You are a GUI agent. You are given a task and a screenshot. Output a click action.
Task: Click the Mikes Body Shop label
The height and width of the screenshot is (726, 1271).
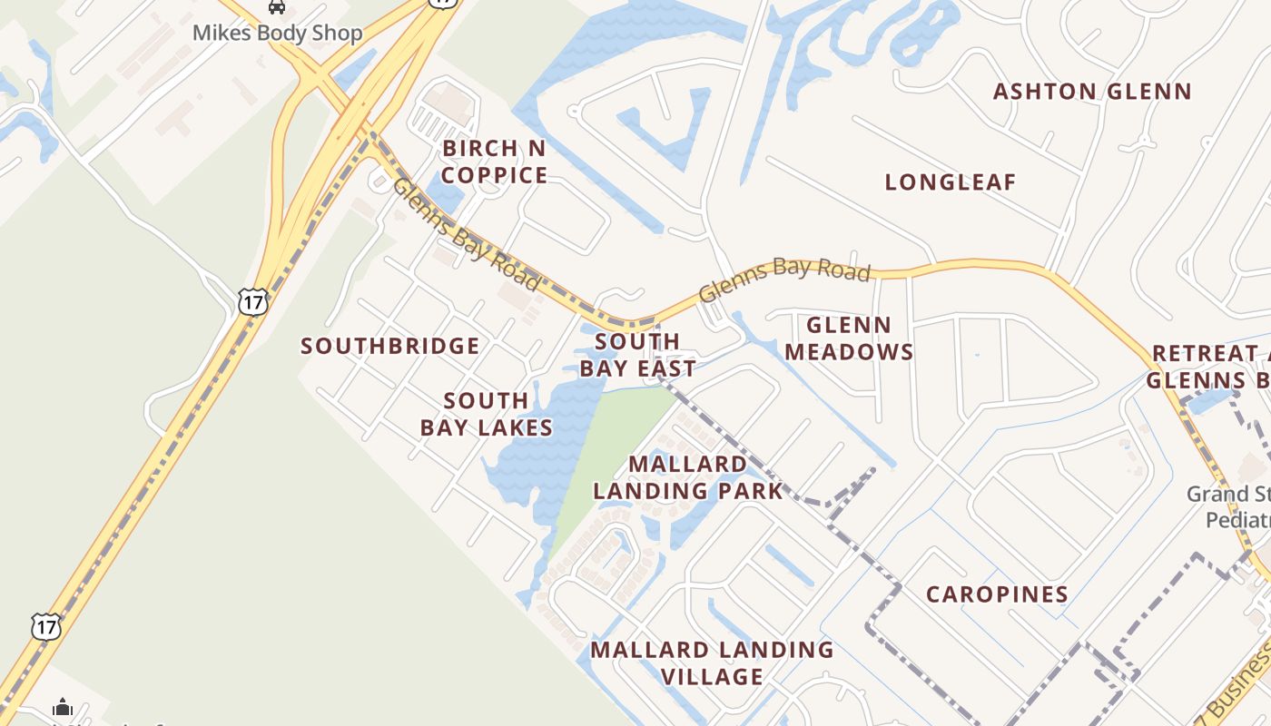[x=277, y=34]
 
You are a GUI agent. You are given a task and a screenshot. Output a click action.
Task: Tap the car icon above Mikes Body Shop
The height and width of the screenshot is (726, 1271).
[x=277, y=7]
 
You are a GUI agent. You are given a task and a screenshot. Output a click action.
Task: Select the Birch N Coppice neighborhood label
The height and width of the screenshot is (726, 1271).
[x=495, y=162]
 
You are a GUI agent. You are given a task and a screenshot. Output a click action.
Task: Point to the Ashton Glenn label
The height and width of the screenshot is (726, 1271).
[x=1091, y=92]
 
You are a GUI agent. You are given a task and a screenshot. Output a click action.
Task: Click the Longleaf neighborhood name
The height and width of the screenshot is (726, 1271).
[x=950, y=182]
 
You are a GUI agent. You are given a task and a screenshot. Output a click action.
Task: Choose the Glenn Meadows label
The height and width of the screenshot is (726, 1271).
[x=849, y=338]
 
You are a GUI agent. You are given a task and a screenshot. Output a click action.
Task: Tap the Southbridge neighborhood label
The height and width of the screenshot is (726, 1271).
[x=390, y=346]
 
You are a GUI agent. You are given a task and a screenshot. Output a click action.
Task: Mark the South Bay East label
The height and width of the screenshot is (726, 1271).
[x=637, y=355]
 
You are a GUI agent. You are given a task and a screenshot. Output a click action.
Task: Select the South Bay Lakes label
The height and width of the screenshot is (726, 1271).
[x=487, y=414]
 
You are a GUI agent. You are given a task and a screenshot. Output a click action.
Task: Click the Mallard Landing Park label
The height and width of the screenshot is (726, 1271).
[x=688, y=477]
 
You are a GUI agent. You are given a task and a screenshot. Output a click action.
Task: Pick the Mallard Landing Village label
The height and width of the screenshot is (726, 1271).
[x=712, y=663]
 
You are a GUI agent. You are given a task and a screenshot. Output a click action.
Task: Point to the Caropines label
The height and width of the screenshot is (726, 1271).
[x=997, y=594]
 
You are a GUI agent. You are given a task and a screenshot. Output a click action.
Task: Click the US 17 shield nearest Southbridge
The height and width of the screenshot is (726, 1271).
[x=253, y=301]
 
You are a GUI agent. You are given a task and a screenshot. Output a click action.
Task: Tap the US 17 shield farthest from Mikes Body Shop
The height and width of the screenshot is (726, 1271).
[x=45, y=625]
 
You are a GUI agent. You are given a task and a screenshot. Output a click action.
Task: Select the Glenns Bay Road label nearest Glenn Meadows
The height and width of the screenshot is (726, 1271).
[x=784, y=280]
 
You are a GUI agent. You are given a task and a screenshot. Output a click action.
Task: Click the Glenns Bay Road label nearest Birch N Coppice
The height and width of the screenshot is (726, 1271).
[x=465, y=234]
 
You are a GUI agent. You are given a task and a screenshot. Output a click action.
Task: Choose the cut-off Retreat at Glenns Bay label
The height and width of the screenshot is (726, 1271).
[x=1207, y=367]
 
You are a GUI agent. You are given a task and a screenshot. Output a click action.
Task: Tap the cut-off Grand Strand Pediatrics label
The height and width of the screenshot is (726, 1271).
[x=1229, y=507]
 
